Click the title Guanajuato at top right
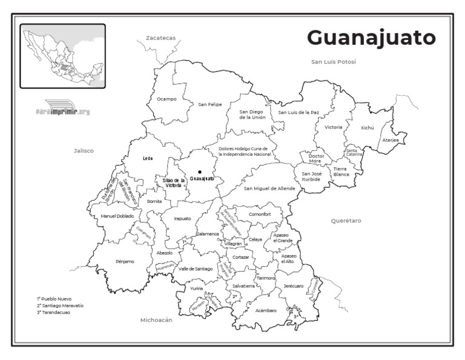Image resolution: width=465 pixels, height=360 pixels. click(371, 38)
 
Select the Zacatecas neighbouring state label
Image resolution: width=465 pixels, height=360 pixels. click(160, 38)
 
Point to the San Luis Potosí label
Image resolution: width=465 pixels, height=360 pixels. click(333, 62)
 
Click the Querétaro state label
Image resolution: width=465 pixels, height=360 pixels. click(346, 221)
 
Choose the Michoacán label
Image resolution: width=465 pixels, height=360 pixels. click(156, 319)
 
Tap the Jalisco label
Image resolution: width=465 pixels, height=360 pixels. click(84, 151)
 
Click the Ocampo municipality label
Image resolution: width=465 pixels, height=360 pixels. click(167, 99)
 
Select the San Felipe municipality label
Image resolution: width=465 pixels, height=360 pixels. click(210, 104)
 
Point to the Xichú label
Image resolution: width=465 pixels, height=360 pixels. click(368, 128)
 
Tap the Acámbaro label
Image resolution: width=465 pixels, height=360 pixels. click(266, 310)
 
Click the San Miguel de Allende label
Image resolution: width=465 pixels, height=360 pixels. click(269, 188)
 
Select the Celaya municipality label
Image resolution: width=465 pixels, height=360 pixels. click(256, 239)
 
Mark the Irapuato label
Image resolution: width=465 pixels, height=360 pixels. click(182, 218)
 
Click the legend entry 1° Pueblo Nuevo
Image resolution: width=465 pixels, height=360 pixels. click(54, 299)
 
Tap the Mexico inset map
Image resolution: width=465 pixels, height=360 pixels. click(63, 56)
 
